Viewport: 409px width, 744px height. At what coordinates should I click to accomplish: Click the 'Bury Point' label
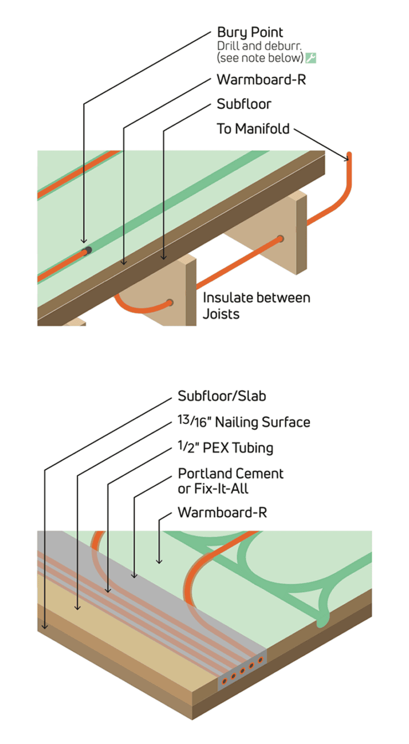tap(250, 33)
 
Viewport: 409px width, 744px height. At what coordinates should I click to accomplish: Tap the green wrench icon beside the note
tap(311, 58)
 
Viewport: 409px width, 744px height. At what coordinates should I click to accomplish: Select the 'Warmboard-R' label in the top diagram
tap(261, 79)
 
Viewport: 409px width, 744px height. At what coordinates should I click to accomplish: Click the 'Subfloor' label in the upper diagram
tap(244, 104)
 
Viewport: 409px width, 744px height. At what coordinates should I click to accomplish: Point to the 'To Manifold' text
tap(253, 129)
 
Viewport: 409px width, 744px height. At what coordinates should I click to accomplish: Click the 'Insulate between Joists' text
tap(256, 306)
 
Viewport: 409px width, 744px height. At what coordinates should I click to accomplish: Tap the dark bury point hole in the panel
tap(88, 250)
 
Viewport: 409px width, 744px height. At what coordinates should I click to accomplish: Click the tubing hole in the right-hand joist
tap(281, 239)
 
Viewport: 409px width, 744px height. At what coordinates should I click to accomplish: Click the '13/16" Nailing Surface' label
tap(243, 422)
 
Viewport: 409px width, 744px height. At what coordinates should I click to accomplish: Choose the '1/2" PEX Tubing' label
tap(225, 448)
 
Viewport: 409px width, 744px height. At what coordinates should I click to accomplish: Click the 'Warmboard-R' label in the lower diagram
tap(222, 512)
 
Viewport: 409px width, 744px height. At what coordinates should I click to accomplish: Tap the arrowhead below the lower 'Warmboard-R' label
tap(159, 561)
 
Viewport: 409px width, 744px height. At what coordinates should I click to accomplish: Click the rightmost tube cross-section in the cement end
tap(261, 660)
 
